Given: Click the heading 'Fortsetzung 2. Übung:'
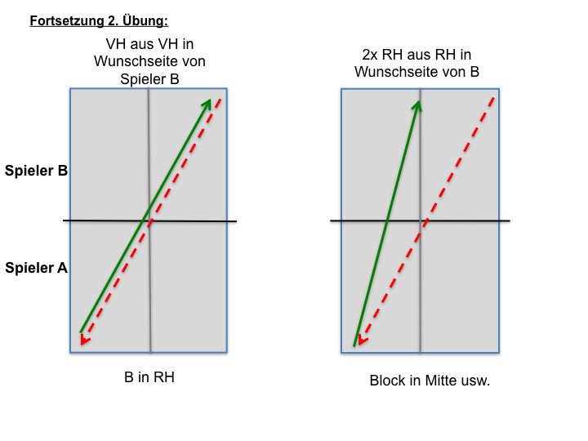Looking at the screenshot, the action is click(x=99, y=21).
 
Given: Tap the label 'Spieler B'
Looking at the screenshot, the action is click(x=36, y=171).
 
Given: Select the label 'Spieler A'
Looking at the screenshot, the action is click(x=36, y=268).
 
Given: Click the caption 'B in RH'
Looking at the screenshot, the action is click(x=149, y=377).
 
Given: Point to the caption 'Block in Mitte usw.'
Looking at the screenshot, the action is click(x=430, y=381).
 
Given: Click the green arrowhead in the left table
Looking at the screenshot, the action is click(x=207, y=104).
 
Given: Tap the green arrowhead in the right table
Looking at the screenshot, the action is click(x=417, y=105).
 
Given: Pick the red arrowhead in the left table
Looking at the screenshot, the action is click(x=85, y=340).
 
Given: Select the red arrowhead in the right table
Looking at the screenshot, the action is click(x=363, y=340).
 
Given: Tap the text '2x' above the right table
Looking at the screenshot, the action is click(x=370, y=55).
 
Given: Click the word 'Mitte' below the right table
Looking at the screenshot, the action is click(x=441, y=381).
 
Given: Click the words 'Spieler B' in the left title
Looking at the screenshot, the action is click(x=149, y=79).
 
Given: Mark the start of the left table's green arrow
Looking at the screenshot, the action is click(x=81, y=332).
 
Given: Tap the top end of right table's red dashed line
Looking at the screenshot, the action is click(x=495, y=97).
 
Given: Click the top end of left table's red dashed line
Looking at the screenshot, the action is click(x=221, y=99).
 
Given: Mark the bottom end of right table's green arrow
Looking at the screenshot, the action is click(x=354, y=345).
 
